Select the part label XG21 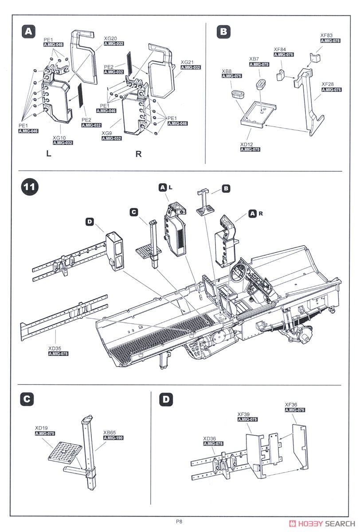(188, 62)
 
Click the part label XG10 (59, 138)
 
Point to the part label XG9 (106, 133)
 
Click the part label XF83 (326, 35)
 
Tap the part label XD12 (247, 144)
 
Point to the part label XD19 (42, 428)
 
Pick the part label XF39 (244, 414)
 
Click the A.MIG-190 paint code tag (113, 438)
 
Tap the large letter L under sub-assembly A (48, 153)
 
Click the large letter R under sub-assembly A (138, 154)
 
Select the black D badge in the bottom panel (166, 399)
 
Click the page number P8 (179, 521)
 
